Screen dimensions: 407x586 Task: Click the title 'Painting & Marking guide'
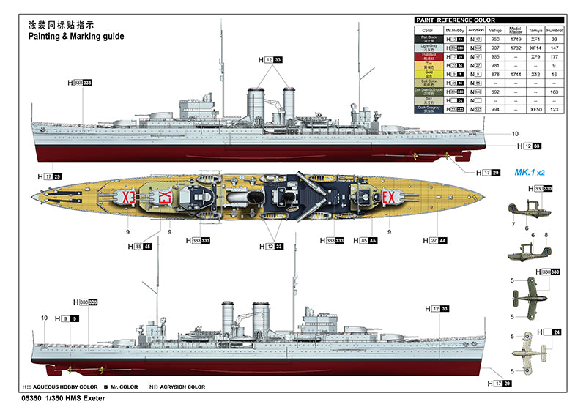(x=75, y=35)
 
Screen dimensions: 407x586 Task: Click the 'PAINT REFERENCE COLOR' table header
(x=455, y=20)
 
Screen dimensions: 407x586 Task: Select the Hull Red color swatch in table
(x=429, y=56)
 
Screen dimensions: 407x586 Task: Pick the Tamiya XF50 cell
(x=535, y=109)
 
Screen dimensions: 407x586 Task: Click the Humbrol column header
(x=555, y=29)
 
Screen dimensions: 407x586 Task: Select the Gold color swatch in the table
(x=429, y=74)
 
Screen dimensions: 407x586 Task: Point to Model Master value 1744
(x=515, y=74)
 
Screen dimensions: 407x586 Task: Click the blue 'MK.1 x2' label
(x=530, y=173)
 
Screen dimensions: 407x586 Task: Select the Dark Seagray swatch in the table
(x=429, y=109)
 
